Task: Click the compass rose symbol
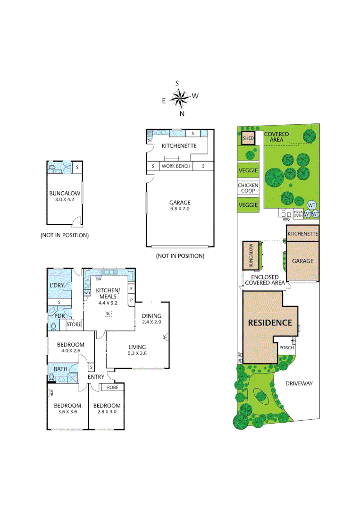[179, 98]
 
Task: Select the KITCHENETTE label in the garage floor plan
[179, 146]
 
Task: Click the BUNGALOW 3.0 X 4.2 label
[65, 195]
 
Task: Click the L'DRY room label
[57, 286]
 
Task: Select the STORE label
[74, 324]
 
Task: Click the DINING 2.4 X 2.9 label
[151, 319]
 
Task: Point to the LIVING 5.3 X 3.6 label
[136, 350]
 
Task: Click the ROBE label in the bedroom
[112, 387]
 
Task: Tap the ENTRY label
[96, 377]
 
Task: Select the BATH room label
[60, 369]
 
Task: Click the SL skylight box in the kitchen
[108, 313]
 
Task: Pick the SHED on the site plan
[248, 138]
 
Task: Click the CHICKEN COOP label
[248, 188]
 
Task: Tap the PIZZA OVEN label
[298, 214]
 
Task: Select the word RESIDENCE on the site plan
[270, 323]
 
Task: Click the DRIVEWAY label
[299, 383]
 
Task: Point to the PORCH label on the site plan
[287, 348]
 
